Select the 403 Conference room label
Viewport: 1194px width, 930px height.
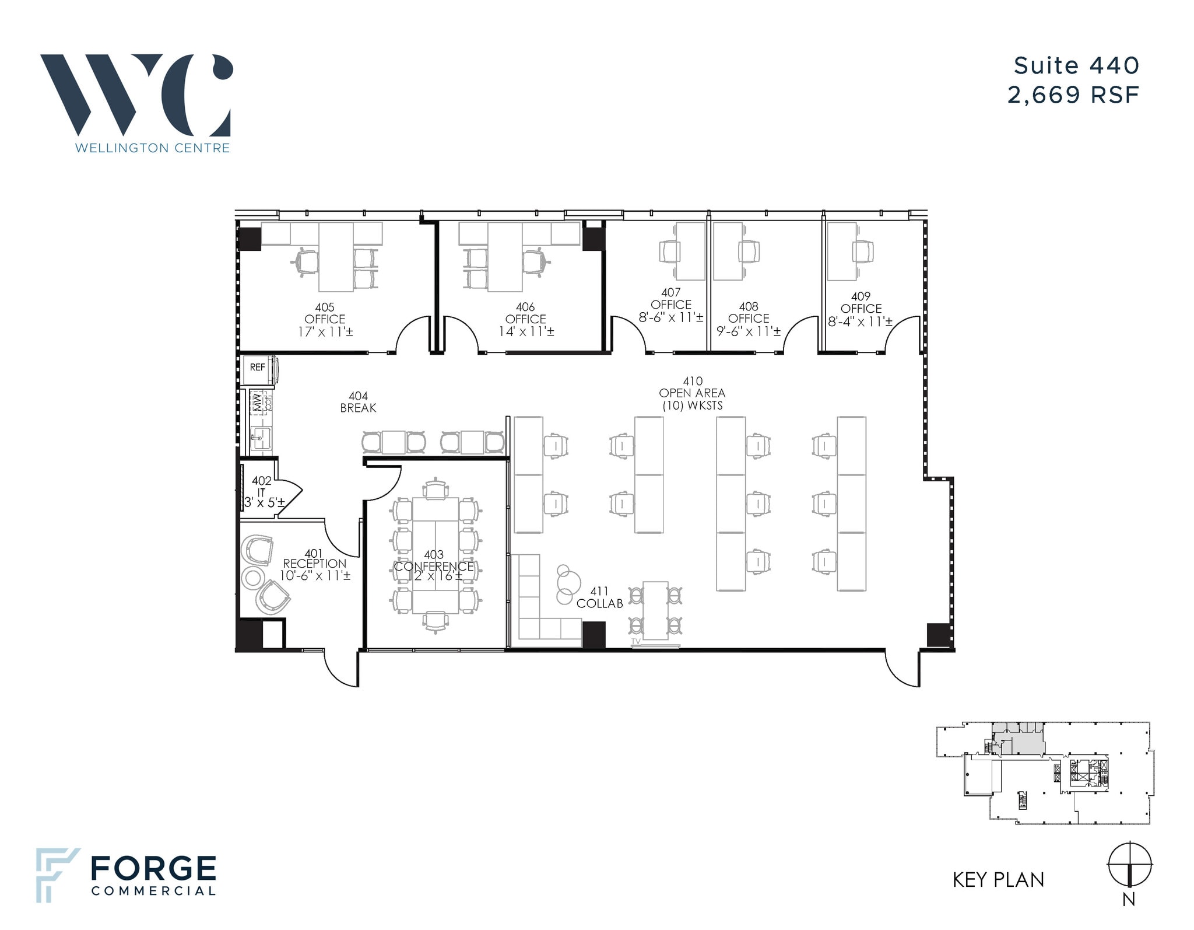434,561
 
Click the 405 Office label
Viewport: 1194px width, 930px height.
325,313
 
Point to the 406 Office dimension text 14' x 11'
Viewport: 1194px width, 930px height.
526,332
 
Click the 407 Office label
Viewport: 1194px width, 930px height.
671,299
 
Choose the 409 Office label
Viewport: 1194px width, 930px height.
861,302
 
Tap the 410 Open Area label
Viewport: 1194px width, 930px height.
692,393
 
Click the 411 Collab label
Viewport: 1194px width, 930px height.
599,597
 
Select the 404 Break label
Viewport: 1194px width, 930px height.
358,402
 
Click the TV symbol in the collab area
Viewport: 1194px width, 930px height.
636,641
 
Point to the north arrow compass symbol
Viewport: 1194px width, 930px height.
1129,865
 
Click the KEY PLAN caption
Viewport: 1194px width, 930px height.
998,880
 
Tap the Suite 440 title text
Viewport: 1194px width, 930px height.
1076,66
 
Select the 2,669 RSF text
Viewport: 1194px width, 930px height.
1073,95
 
